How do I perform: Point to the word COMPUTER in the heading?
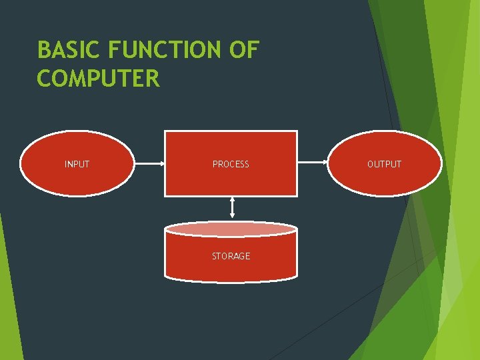99,79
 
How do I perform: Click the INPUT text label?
77,164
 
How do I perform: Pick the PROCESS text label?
231,164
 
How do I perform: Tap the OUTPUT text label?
384,164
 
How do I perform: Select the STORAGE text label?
231,256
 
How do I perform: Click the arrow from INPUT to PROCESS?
148,163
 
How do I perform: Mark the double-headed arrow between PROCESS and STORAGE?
231,207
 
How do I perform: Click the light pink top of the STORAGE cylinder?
231,229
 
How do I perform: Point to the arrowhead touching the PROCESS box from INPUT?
161,163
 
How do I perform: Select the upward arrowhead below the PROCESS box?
231,199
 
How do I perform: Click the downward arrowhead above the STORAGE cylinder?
231,216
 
